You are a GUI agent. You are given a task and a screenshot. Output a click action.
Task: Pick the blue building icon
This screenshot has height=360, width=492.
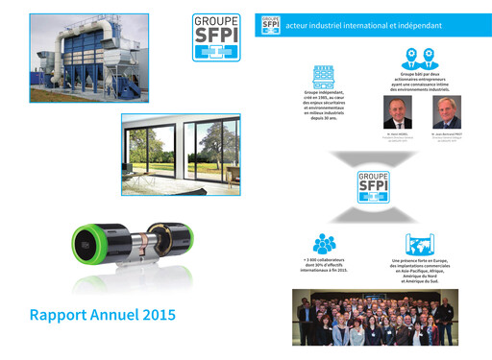point(323,76)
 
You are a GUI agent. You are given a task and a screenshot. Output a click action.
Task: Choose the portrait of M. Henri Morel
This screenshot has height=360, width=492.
point(396,111)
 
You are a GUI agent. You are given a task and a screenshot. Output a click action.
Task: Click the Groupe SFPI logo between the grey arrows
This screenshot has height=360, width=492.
point(372,188)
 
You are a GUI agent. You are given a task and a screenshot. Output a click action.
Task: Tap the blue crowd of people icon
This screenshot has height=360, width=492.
point(324,244)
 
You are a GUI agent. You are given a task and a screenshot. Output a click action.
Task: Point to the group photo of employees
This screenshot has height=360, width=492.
point(372,319)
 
